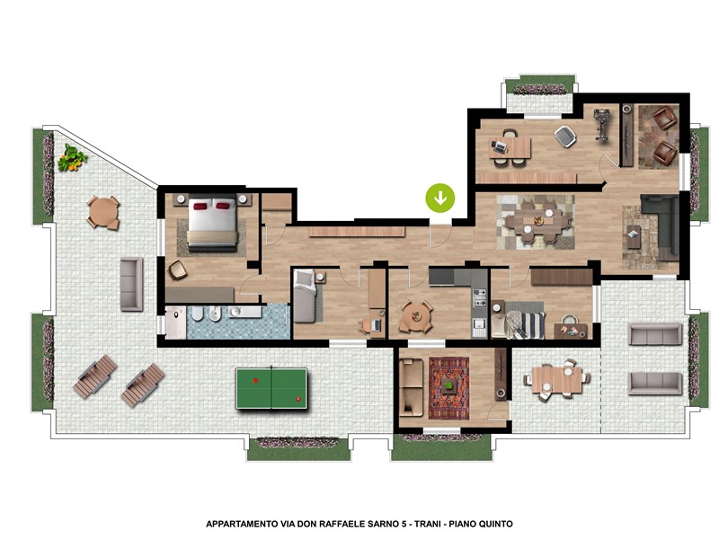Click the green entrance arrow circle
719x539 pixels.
440,198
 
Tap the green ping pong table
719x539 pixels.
271,388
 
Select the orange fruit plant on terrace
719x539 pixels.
72,158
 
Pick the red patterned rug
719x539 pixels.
448,388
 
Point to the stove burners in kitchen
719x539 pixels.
480,298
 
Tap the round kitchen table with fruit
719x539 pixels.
416,317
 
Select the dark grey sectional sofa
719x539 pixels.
661,225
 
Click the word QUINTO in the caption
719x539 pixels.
496,524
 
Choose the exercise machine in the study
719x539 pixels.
600,125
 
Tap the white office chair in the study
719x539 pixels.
565,137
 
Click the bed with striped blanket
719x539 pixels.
519,321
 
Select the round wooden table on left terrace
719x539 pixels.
103,212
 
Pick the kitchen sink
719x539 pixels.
479,327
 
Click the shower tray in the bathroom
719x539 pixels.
175,323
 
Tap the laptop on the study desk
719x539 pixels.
499,146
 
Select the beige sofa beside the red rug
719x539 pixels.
411,388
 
